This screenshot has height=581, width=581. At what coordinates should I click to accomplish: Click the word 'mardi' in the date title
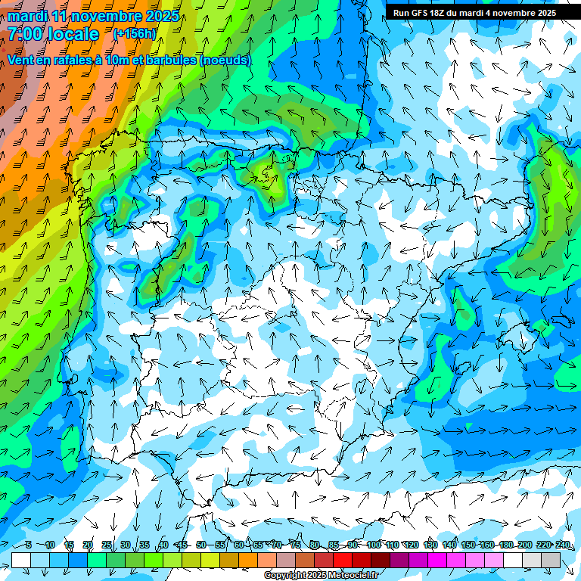[x=27, y=16]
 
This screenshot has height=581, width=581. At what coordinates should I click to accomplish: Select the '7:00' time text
[x=24, y=34]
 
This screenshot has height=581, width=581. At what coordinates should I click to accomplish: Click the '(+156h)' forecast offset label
[x=135, y=34]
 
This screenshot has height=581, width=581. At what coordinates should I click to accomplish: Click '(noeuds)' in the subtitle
[x=225, y=60]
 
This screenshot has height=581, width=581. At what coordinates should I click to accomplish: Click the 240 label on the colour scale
[x=563, y=545]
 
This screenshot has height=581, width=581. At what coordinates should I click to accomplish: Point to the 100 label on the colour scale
[x=374, y=545]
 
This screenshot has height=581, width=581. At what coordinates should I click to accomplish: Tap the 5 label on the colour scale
[x=29, y=545]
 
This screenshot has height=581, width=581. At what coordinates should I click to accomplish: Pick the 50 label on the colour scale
[x=201, y=545]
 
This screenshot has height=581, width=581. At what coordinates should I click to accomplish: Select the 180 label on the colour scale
[x=505, y=545]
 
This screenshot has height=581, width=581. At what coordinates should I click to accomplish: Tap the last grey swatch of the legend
[x=551, y=560]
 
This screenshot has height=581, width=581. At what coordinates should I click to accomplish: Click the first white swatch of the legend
[x=21, y=560]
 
